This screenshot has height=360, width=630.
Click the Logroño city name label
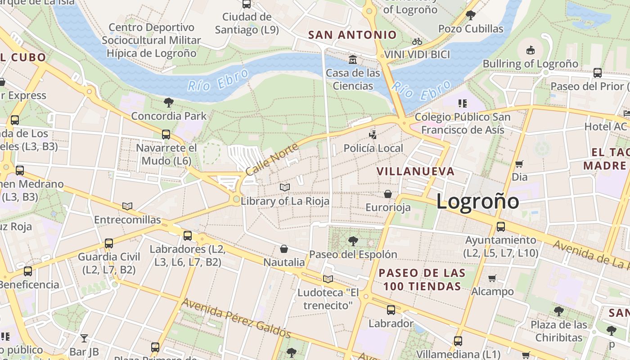[477, 201]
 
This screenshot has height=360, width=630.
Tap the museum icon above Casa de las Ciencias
[353, 59]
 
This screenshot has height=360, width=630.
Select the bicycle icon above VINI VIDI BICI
[417, 41]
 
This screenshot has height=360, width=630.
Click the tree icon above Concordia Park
[169, 102]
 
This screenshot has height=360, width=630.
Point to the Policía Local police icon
[373, 134]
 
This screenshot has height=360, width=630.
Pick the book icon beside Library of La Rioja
[284, 187]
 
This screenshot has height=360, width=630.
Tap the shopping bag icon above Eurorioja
[387, 194]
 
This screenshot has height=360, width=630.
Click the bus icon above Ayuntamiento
[500, 226]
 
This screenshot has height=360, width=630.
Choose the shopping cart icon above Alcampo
[492, 278]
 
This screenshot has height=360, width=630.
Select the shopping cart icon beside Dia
[519, 164]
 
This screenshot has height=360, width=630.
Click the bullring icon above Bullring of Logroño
[530, 50]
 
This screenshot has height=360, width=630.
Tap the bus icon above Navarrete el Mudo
[166, 134]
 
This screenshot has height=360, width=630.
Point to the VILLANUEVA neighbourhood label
[415, 171]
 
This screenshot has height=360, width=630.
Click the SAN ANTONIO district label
[352, 35]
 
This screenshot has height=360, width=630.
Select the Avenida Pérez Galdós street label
[236, 318]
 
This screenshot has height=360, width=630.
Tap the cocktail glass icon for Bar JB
[84, 338]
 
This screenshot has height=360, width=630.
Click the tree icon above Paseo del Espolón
[353, 241]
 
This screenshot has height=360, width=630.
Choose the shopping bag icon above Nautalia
[284, 248]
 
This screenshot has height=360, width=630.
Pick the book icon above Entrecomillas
[127, 206]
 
